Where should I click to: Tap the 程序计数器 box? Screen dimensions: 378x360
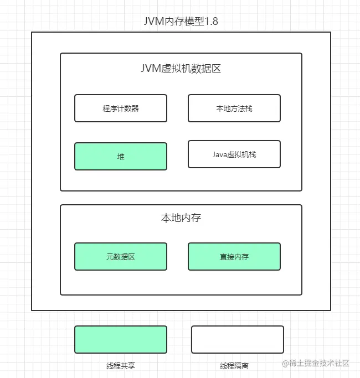(121, 108)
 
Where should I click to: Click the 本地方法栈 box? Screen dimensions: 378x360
(234, 108)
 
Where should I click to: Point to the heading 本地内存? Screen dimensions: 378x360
(181, 218)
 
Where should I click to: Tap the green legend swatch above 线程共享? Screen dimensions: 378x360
(121, 339)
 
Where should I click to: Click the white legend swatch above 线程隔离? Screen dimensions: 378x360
(238, 339)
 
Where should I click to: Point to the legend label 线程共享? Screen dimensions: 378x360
(121, 366)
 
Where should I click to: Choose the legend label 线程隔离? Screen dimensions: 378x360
(234, 366)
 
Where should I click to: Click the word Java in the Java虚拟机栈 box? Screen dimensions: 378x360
(220, 154)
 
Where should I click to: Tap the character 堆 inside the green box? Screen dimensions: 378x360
(121, 157)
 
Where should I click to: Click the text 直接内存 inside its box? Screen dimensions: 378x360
(234, 257)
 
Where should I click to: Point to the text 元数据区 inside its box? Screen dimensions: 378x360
(121, 257)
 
